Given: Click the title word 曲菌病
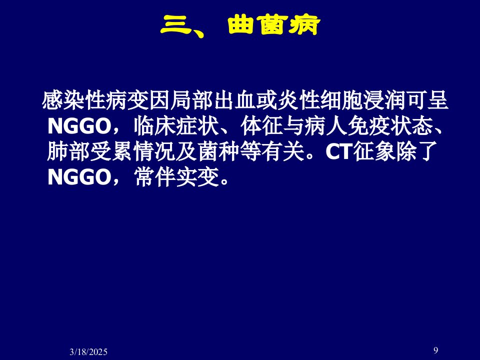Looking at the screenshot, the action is (x=274, y=25).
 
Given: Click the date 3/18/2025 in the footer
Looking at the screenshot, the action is (x=88, y=351).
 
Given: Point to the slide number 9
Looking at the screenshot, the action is (x=435, y=350).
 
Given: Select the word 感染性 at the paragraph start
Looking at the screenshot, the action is (x=74, y=100).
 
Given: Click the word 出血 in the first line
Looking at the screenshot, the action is (x=235, y=100).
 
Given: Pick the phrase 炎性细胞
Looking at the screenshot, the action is (x=320, y=100).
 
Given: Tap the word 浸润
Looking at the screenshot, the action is (x=384, y=100).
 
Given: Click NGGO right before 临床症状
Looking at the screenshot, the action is (x=79, y=126).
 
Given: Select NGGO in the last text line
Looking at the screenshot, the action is (x=79, y=177).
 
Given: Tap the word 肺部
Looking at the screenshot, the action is (x=68, y=151).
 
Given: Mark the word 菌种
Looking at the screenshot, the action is (x=218, y=151).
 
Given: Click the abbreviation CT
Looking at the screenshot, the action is (x=338, y=151).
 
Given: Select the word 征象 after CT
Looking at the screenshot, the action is (x=374, y=151).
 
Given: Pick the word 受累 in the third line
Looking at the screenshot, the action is (x=111, y=151).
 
